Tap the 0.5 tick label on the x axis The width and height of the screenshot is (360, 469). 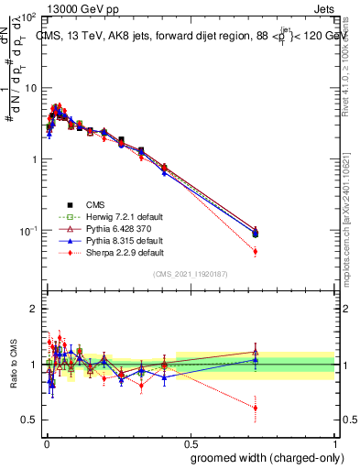point(191,442)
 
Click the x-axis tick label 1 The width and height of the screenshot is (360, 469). point(336,442)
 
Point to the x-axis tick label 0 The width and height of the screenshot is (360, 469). point(46,442)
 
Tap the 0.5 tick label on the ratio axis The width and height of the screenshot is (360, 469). point(30,420)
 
